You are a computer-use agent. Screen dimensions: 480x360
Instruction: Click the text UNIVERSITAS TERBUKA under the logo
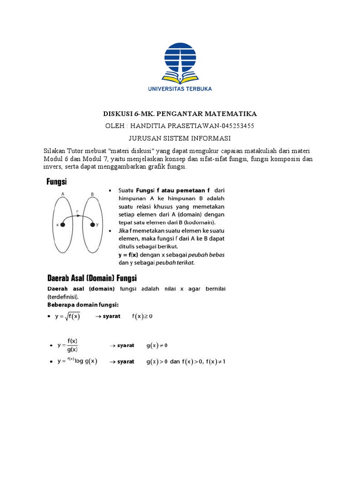pyautogui.click(x=180, y=89)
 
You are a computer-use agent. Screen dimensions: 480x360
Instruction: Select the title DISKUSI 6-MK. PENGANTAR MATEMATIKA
pyautogui.click(x=180, y=114)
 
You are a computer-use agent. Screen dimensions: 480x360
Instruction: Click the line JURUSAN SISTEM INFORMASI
pyautogui.click(x=180, y=138)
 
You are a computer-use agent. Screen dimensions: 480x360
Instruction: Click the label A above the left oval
pyautogui.click(x=62, y=193)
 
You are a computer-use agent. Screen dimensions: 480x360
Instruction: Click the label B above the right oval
pyautogui.click(x=92, y=193)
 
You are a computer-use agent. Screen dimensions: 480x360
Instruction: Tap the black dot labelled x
pyautogui.click(x=63, y=225)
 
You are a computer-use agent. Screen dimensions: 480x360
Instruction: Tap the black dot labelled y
pyautogui.click(x=92, y=225)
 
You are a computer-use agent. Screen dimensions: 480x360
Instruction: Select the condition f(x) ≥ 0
pyautogui.click(x=142, y=316)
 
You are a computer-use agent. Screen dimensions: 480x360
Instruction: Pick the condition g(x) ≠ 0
pyautogui.click(x=157, y=345)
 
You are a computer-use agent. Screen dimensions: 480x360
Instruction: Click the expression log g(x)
pyautogui.click(x=86, y=362)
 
